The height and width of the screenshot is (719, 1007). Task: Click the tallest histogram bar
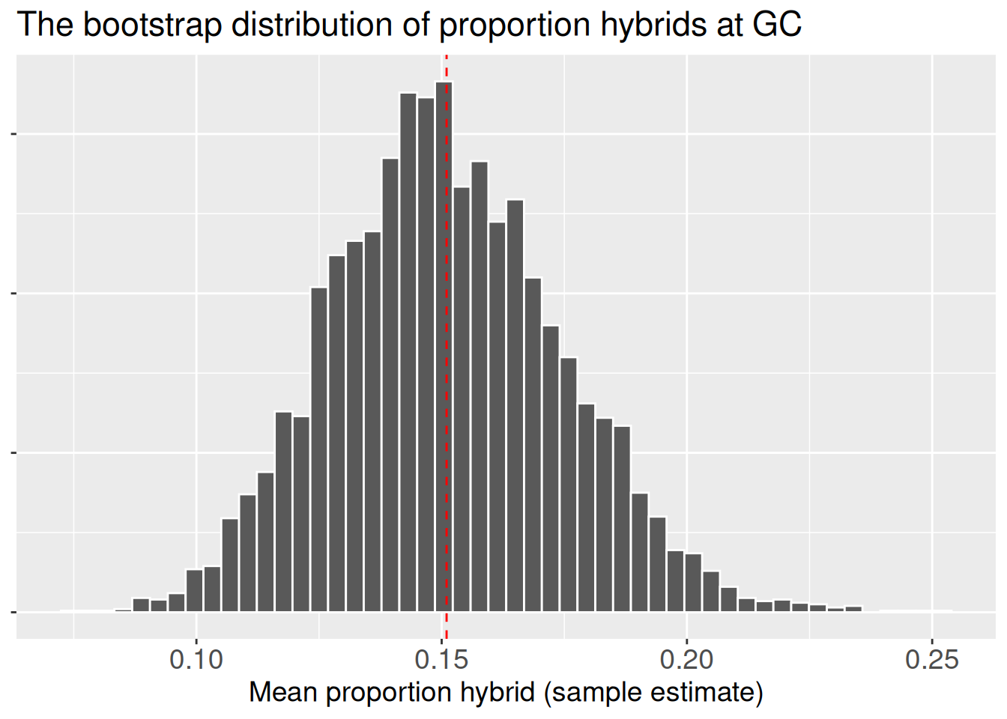[x=444, y=345]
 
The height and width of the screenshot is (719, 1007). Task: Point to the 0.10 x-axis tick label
[x=196, y=659]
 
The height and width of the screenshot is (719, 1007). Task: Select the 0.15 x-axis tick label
[x=441, y=659]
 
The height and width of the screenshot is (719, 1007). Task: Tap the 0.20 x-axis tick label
[x=686, y=659]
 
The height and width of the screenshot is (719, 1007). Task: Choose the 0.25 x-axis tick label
[x=931, y=659]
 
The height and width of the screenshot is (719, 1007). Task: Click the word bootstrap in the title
[x=152, y=24]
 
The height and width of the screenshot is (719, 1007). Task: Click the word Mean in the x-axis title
[x=282, y=692]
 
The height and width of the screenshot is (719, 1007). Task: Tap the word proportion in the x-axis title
[x=389, y=692]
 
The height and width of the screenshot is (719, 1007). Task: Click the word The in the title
[x=45, y=24]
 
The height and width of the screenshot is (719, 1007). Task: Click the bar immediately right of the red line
[x=462, y=397]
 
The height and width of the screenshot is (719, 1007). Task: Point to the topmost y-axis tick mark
[x=13, y=134]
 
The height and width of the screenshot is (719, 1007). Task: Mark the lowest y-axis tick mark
[x=13, y=612]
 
